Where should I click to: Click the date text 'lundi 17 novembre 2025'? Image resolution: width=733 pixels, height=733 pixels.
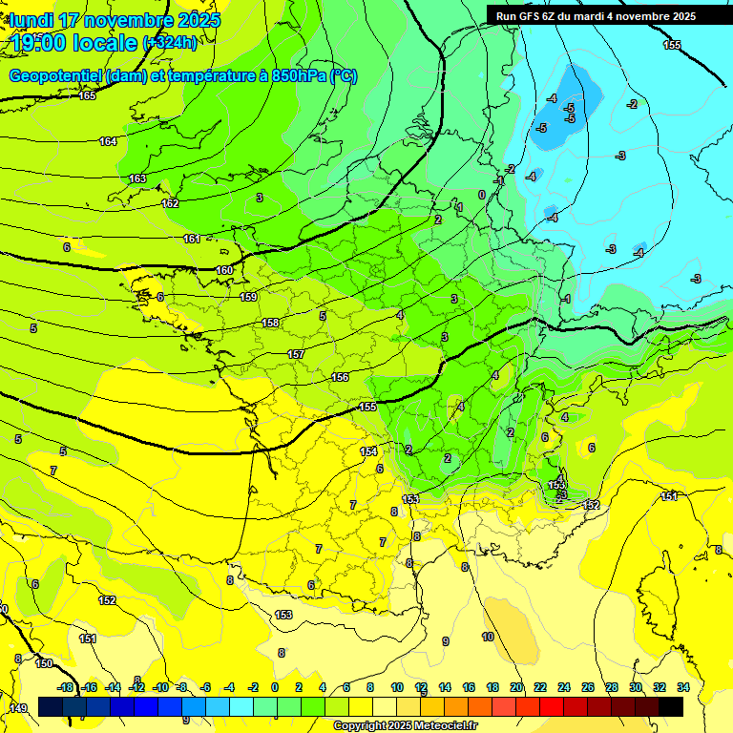click(115, 20)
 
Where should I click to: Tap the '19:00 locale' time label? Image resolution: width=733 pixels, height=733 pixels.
click(73, 42)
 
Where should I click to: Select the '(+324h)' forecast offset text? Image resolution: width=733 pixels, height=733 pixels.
click(170, 43)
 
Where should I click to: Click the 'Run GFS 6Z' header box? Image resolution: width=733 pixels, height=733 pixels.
click(596, 15)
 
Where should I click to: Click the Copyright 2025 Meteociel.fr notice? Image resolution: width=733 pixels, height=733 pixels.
click(406, 726)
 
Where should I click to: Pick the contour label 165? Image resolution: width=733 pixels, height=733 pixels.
click(88, 95)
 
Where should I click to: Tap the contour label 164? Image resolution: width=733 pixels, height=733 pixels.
click(108, 141)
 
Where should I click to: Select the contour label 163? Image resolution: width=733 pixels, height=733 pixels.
click(137, 178)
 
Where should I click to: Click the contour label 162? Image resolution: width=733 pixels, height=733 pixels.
click(170, 203)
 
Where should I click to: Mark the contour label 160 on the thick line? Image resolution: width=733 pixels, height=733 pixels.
click(223, 270)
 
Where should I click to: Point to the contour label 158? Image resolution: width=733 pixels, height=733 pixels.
click(271, 324)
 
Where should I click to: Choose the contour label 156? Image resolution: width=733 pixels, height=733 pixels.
click(340, 377)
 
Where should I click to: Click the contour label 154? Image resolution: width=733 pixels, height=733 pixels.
click(368, 451)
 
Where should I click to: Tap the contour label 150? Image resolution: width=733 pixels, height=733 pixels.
click(44, 662)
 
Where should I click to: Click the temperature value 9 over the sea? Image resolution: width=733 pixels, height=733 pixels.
click(445, 641)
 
